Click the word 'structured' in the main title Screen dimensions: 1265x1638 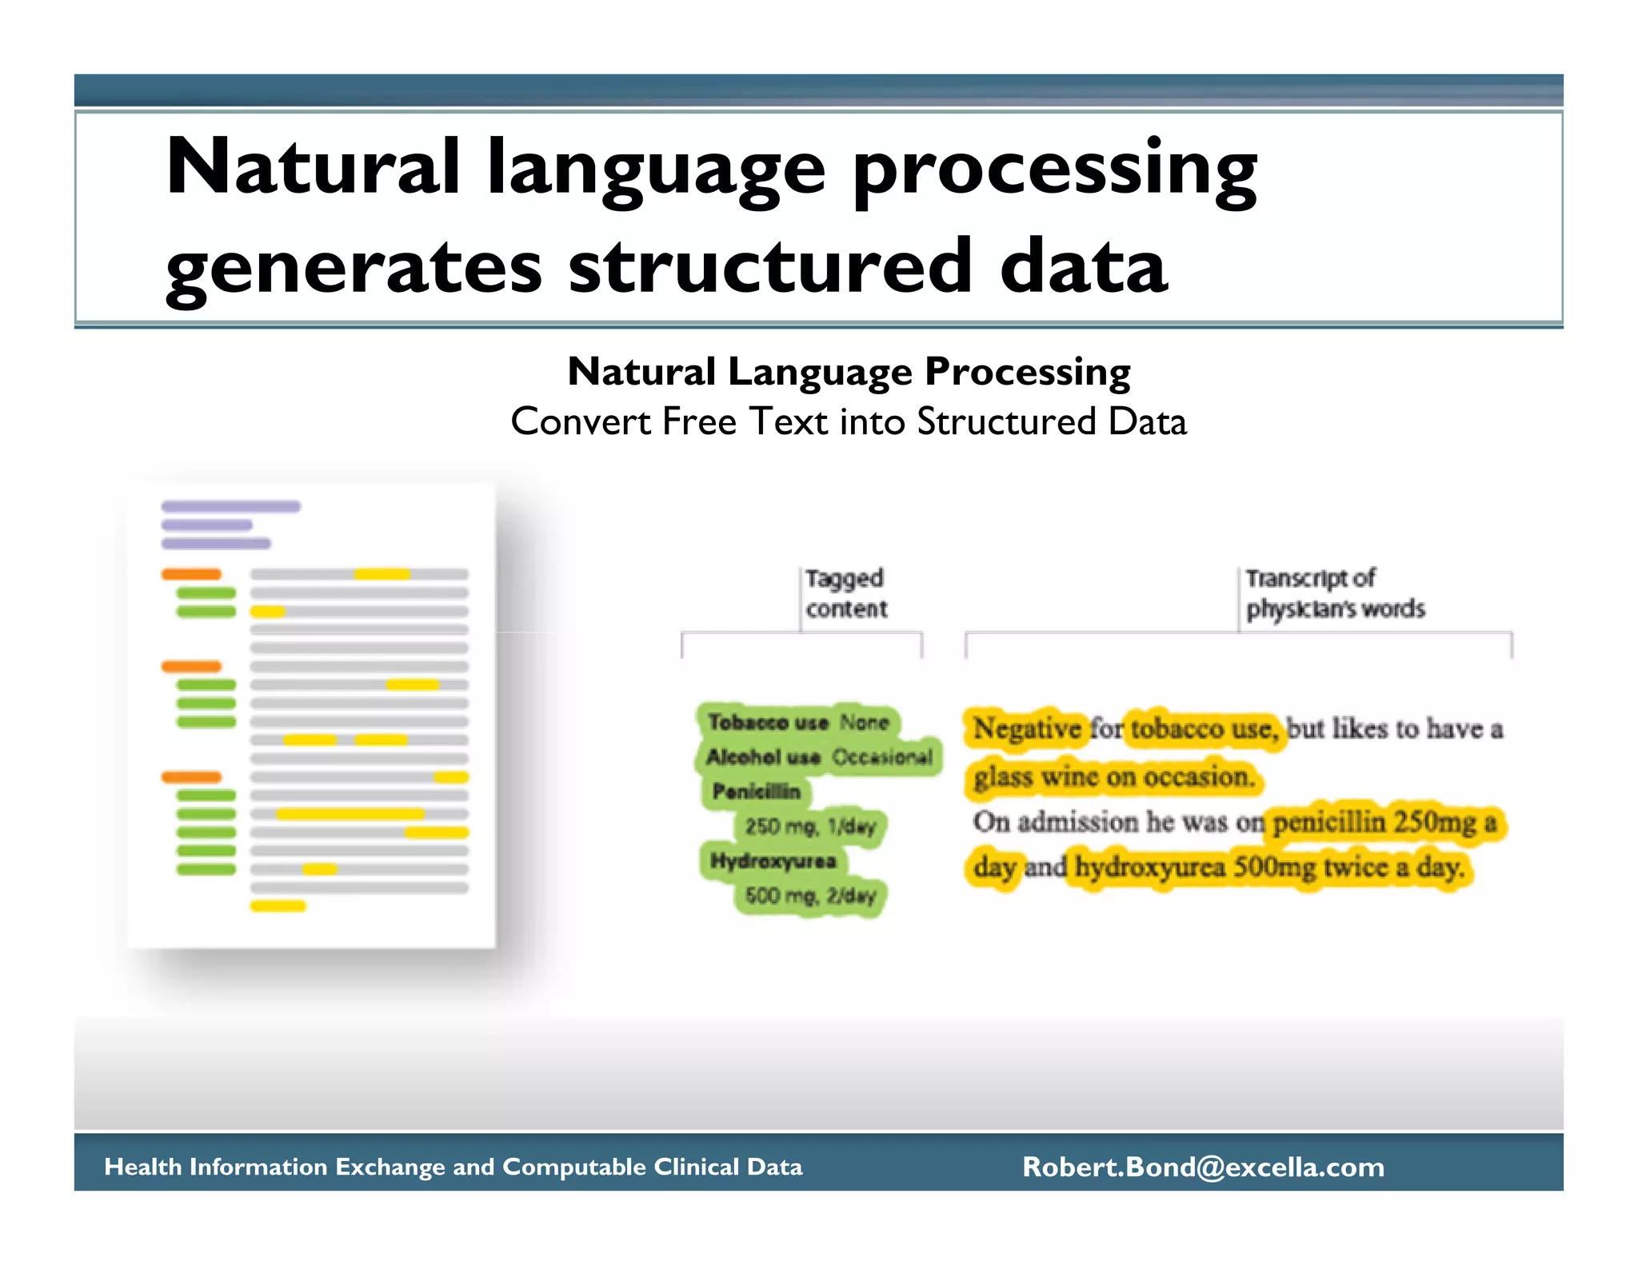[x=770, y=267]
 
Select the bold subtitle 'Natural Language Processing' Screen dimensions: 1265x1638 [x=849, y=372]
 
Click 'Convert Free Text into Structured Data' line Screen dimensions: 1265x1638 [x=849, y=422]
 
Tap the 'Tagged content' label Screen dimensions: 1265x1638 [x=845, y=593]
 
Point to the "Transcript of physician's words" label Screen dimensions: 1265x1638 [x=1334, y=593]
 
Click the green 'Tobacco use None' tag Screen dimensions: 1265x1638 [x=798, y=723]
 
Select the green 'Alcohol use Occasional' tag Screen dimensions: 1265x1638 [x=819, y=757]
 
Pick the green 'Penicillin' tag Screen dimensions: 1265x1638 [x=756, y=792]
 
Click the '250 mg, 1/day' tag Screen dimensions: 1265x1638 [x=810, y=826]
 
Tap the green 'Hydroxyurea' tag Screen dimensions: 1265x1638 [x=773, y=861]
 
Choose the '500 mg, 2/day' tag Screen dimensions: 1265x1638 [x=810, y=896]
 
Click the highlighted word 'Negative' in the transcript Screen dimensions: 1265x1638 [x=1026, y=728]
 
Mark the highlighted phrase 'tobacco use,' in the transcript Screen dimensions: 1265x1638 [x=1204, y=728]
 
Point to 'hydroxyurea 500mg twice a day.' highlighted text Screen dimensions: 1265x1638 [x=1270, y=868]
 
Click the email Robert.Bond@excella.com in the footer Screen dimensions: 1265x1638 [x=1203, y=1167]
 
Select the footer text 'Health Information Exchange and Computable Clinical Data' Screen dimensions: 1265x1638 [x=453, y=1167]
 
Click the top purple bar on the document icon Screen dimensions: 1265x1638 [x=230, y=506]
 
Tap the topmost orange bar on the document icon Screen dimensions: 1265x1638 [x=191, y=574]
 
